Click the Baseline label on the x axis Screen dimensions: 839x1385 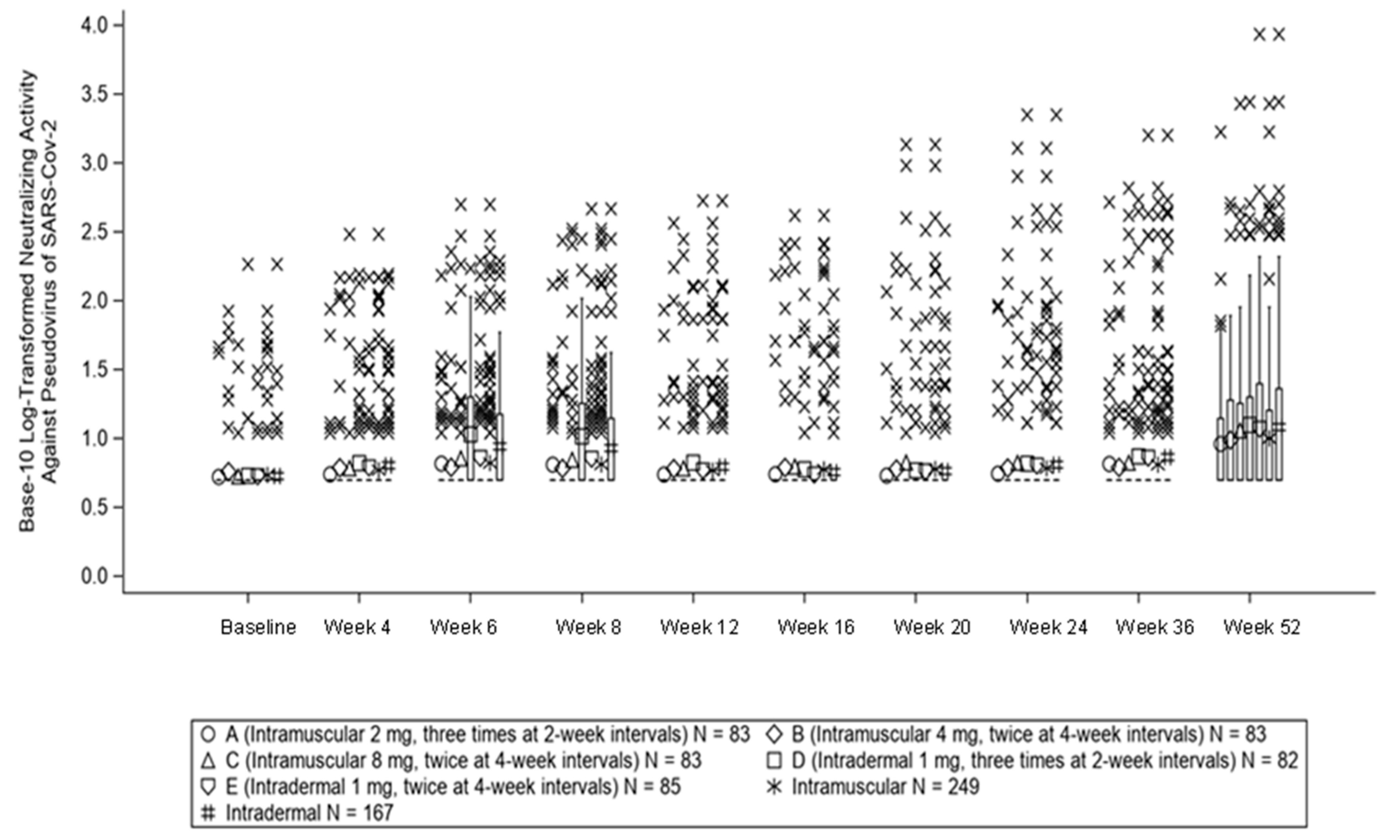[258, 627]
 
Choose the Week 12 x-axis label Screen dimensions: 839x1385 [699, 627]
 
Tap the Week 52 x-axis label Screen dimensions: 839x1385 [1262, 627]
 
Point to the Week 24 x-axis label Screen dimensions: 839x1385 [1048, 627]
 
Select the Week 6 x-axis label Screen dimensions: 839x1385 [464, 627]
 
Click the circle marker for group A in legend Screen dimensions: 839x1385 [208, 734]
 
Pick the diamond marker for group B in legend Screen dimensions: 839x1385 [775, 734]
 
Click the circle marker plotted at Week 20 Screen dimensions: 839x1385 [886, 476]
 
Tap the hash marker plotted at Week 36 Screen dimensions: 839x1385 [1168, 457]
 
